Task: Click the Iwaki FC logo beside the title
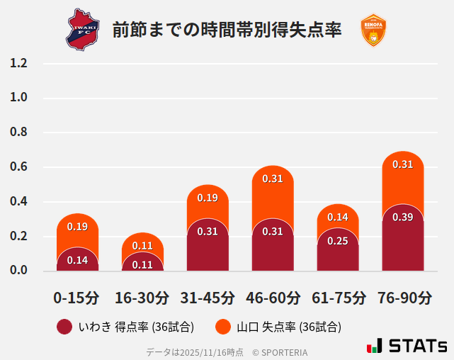point(84,30)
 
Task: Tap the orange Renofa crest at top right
point(373,30)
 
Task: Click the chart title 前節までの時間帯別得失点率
point(227,30)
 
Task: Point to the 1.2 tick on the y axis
point(18,63)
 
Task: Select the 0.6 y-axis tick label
point(18,167)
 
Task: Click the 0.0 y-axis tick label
point(18,271)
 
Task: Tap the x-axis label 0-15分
point(76,298)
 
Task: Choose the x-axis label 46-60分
point(272,298)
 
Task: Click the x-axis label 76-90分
point(403,298)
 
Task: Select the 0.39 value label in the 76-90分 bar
point(402,217)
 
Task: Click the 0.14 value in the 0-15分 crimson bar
point(77,260)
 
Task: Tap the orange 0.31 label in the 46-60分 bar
point(273,179)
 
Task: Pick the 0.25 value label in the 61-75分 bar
point(337,241)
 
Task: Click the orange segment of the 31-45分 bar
point(208,202)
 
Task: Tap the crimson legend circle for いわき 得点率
point(64,327)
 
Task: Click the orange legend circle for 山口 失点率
point(223,327)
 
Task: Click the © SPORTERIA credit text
point(280,352)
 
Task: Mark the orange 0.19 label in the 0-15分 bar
point(77,227)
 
